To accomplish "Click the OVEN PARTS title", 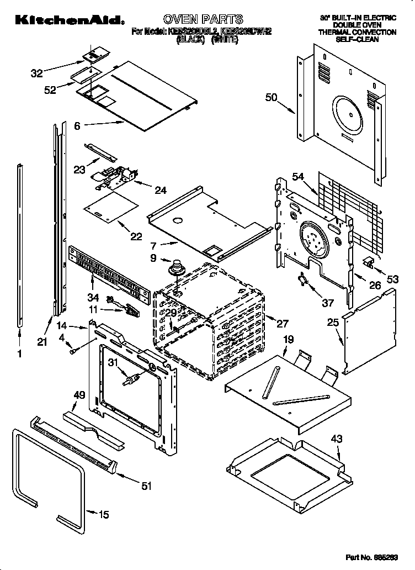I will click(x=203, y=20).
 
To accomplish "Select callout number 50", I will click(x=271, y=98).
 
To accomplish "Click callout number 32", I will click(x=37, y=72).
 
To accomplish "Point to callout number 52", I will click(x=50, y=91).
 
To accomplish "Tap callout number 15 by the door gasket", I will click(x=104, y=514).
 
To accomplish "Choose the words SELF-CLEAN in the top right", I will click(x=357, y=40).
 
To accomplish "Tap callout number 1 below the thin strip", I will click(x=20, y=355).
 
